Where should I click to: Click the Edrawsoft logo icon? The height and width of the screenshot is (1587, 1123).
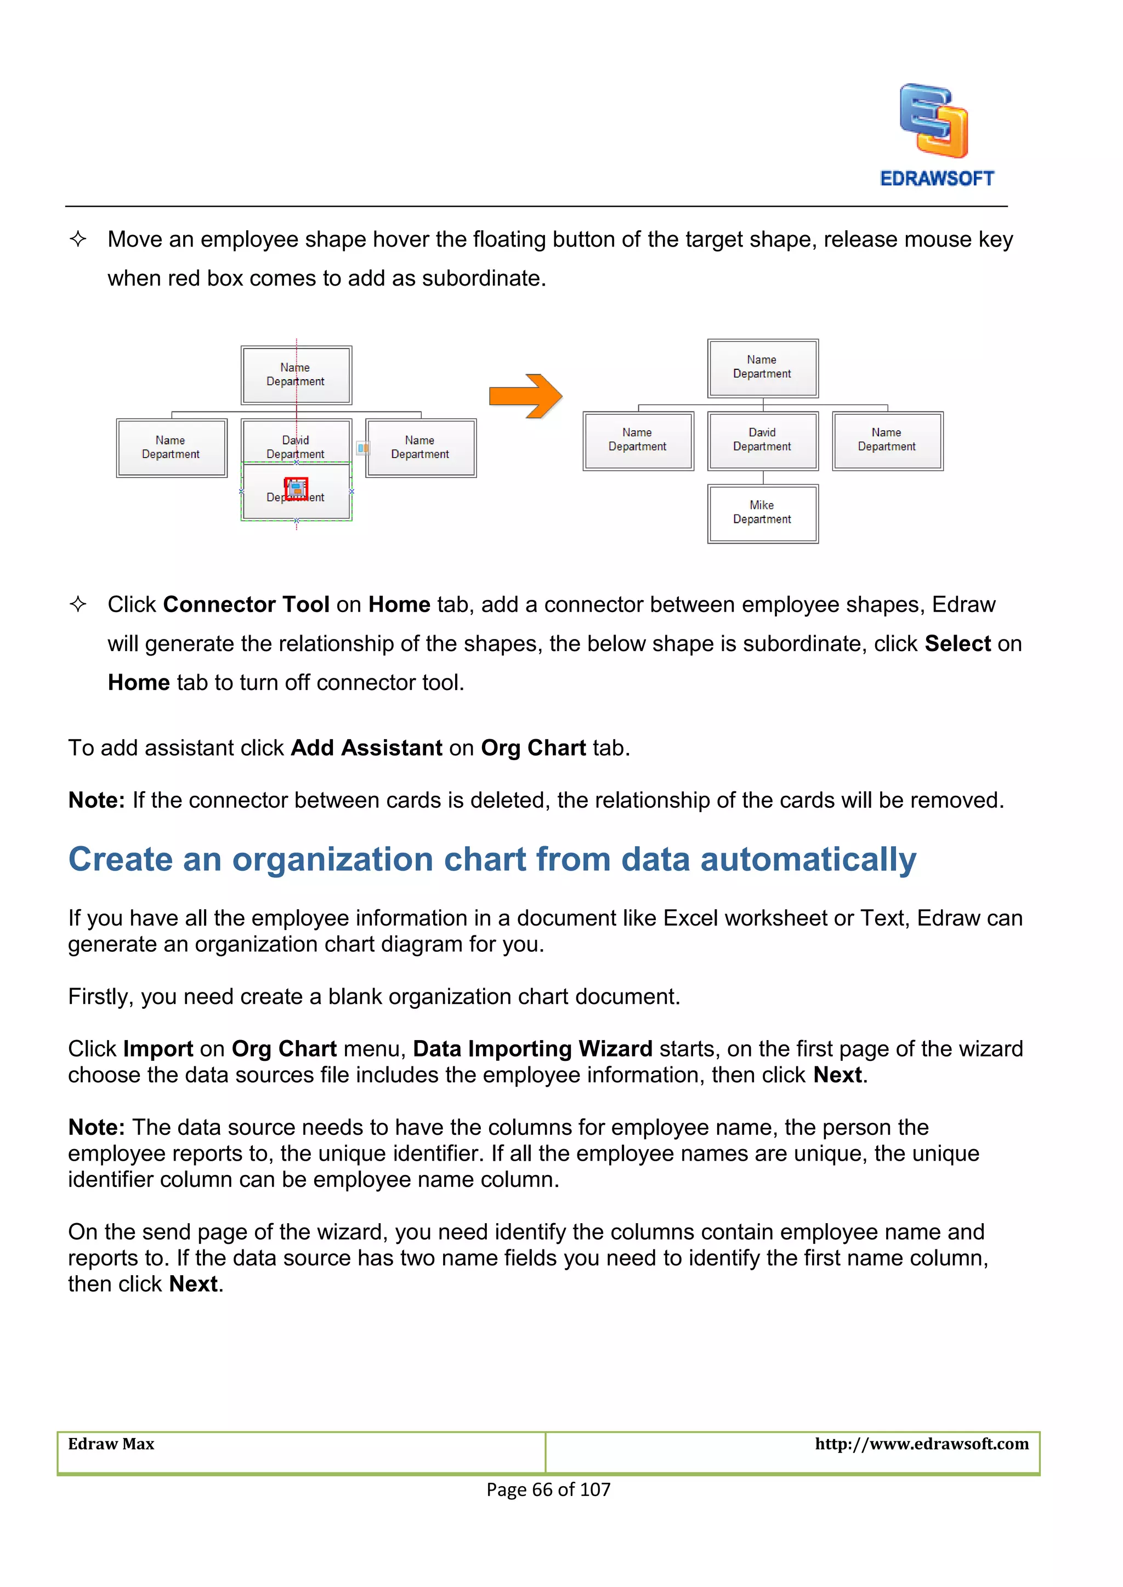933,121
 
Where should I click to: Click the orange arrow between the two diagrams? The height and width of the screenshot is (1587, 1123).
525,396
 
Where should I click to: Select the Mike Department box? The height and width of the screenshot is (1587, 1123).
763,513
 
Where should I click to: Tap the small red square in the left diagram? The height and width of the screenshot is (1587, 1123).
297,489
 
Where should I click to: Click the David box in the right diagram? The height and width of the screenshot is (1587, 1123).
763,440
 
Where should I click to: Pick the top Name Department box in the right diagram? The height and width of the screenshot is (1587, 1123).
763,368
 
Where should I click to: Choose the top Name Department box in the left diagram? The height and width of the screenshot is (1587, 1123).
297,375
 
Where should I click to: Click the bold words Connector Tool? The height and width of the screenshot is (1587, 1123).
246,605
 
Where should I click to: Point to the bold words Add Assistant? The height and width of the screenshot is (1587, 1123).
366,748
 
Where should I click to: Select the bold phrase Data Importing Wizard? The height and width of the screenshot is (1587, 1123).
532,1049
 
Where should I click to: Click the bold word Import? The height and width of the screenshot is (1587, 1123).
158,1049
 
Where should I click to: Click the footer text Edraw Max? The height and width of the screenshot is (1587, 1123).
111,1444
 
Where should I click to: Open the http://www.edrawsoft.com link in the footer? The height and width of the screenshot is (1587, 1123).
921,1444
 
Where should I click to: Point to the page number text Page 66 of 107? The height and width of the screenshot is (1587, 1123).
548,1489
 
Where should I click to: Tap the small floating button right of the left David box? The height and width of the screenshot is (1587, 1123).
362,448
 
